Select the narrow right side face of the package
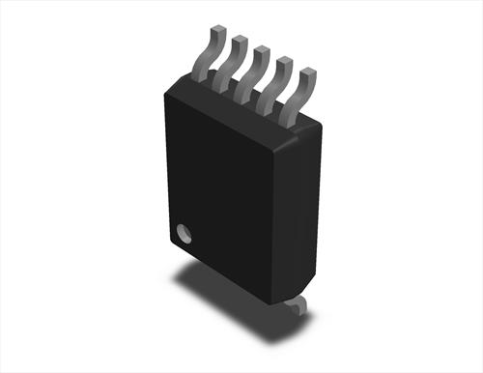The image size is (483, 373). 307,213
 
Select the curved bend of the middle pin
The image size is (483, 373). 252,72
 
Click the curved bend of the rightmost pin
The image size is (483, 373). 300,95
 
